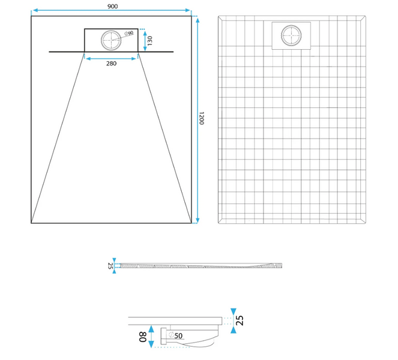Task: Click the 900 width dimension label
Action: [x=112, y=6]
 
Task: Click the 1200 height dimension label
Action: [x=201, y=118]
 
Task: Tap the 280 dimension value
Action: [x=111, y=64]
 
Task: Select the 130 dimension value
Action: [x=149, y=41]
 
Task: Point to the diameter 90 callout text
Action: [x=129, y=33]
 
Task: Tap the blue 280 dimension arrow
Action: [x=111, y=59]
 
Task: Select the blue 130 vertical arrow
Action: [x=145, y=41]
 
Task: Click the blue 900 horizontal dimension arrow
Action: [x=112, y=10]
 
